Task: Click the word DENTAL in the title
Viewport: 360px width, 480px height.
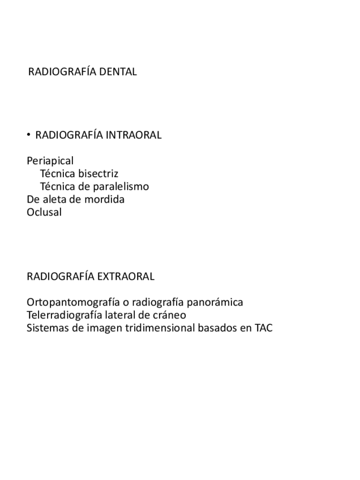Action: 118,72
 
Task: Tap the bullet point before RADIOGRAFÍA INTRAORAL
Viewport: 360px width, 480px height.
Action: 28,135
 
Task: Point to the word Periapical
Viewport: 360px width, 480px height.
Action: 50,160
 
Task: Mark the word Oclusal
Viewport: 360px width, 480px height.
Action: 44,212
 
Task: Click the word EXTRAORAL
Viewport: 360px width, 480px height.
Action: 126,276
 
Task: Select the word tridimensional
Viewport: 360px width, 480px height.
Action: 160,328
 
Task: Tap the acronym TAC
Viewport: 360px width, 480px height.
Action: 263,328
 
